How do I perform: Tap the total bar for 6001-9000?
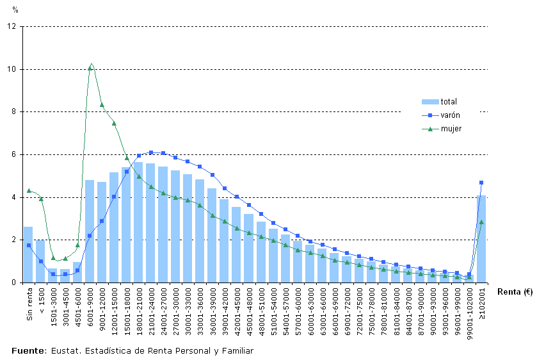[90, 231]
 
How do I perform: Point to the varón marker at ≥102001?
[481, 183]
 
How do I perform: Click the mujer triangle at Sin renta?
[29, 190]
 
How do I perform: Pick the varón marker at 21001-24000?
[151, 152]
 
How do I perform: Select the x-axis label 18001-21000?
[139, 307]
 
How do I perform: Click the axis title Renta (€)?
[514, 292]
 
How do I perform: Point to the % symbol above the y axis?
[15, 11]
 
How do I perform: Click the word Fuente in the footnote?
[27, 350]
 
